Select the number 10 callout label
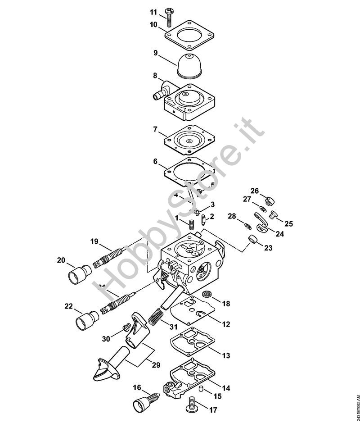pos(154,25)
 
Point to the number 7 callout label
pos(155,129)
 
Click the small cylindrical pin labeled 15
pos(202,388)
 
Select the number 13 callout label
pos(225,356)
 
